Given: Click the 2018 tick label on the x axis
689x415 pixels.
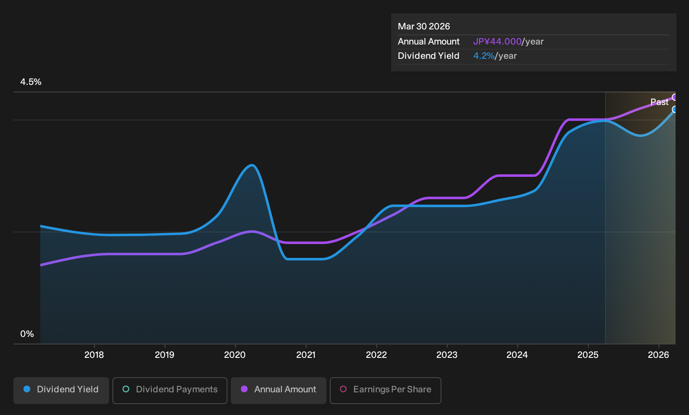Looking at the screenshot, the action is point(94,355).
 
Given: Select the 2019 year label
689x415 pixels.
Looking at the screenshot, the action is point(164,355).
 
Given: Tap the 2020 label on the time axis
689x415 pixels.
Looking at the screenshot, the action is point(235,355).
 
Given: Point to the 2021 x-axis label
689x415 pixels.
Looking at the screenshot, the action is point(306,355).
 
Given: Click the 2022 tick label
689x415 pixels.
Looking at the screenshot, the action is point(376,355).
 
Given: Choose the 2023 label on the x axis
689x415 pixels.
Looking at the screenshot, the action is point(447,355).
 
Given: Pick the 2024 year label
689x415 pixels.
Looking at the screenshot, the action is point(517,355).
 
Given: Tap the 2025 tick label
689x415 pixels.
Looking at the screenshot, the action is point(588,355).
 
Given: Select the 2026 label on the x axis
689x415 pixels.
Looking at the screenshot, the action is point(658,355).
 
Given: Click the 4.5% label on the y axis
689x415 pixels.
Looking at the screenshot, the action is point(31,82).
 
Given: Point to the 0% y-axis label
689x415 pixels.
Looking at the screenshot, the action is point(27,334).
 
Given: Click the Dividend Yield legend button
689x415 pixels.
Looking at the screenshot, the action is point(61,390).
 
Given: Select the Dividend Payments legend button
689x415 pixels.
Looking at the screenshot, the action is point(170,390).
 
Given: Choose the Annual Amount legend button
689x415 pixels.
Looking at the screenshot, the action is point(278,390).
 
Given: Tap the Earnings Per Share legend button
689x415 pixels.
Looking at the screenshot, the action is point(385,390).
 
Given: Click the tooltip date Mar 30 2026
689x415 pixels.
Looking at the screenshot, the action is point(424,26).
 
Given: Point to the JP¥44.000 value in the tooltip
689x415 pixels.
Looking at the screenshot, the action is point(497,42).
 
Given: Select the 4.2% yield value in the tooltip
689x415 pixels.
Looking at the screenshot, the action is point(484,56).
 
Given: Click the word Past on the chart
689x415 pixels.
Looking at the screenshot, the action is point(660,102).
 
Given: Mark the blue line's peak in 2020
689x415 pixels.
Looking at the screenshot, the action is point(252,165).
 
